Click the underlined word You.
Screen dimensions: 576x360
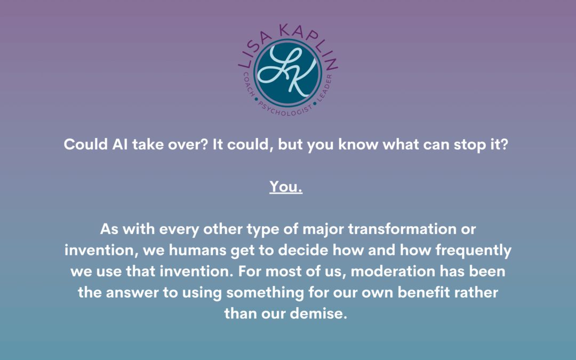[x=286, y=187]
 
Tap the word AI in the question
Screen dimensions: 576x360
[x=120, y=144]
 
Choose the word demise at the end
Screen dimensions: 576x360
[x=318, y=314]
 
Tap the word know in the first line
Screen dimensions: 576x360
[x=358, y=144]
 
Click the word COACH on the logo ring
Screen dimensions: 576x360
[x=249, y=84]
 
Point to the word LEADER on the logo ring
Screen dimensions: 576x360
[x=325, y=87]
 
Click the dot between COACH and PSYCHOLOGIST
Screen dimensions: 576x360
[x=256, y=99]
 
